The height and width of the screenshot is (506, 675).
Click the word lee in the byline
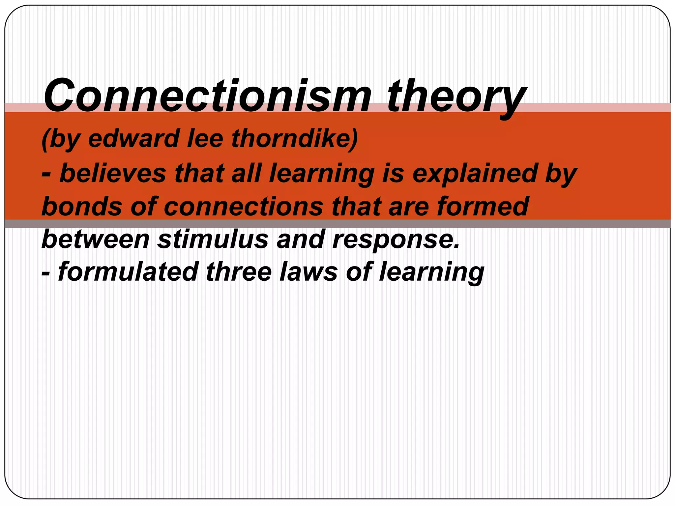[205, 138]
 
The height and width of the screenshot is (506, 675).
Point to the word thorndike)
[294, 138]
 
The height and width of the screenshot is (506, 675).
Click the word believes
[113, 173]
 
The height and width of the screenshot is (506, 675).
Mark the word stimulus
[213, 239]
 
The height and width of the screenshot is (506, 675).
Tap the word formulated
[128, 272]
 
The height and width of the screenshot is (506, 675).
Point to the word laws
[308, 272]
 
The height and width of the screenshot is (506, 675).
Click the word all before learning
[247, 173]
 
